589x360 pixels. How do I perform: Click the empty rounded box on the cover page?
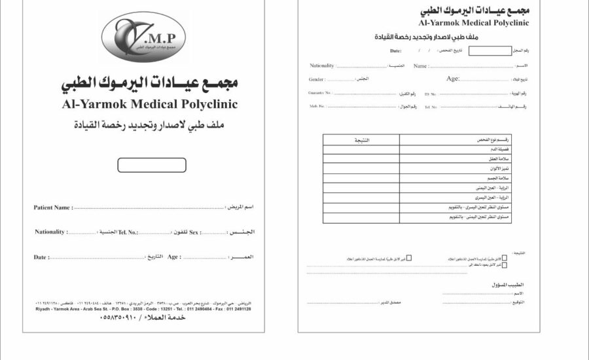[152, 165]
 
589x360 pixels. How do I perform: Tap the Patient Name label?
[52, 207]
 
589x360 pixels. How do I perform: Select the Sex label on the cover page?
[194, 232]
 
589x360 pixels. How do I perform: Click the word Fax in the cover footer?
[215, 309]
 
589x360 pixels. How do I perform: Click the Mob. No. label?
[317, 106]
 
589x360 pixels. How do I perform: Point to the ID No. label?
[430, 94]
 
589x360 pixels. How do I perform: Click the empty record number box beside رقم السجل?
[490, 50]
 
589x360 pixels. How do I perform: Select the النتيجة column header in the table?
[361, 140]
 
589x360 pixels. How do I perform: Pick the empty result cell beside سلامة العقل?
[361, 159]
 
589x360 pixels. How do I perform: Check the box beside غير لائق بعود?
[504, 266]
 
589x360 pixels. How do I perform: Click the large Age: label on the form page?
[453, 79]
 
